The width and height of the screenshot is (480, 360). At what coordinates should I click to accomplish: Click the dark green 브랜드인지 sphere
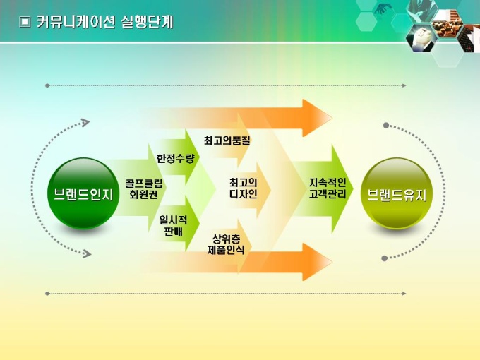click(83, 193)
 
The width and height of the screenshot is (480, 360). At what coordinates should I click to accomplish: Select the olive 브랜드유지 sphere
click(396, 193)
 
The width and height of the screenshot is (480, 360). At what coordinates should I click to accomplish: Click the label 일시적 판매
click(173, 226)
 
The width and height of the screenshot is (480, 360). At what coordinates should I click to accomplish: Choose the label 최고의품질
click(227, 140)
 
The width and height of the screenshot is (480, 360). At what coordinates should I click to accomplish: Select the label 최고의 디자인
click(243, 188)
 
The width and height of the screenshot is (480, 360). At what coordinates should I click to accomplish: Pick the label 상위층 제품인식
click(226, 244)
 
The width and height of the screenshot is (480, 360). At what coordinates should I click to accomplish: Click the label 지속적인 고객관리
click(328, 188)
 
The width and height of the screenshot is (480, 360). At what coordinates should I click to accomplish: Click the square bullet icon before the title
click(25, 23)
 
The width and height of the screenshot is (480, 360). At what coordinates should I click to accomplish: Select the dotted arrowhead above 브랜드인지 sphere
click(86, 123)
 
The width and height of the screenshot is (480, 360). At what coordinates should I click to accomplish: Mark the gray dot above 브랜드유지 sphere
click(386, 126)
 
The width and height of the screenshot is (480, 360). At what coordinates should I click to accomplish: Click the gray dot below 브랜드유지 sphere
click(385, 258)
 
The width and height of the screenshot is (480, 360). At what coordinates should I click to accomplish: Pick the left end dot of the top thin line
click(47, 85)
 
